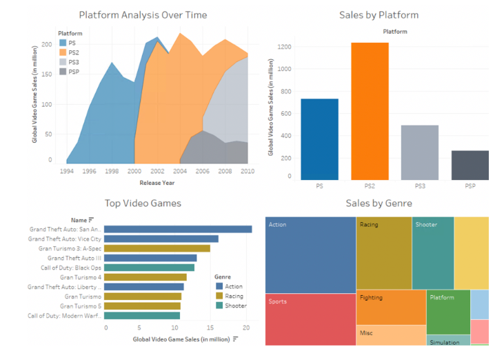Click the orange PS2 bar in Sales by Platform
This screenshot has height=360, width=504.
pyautogui.click(x=370, y=111)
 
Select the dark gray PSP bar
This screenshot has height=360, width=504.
pyautogui.click(x=470, y=166)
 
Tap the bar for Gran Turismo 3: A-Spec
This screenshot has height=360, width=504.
pyautogui.click(x=157, y=248)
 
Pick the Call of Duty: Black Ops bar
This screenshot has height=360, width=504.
pyautogui.click(x=149, y=268)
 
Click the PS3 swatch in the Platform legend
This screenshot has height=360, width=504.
pyautogui.click(x=63, y=62)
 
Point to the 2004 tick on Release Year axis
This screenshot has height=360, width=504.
pyautogui.click(x=180, y=171)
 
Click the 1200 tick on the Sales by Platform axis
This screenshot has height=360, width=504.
pyautogui.click(x=284, y=47)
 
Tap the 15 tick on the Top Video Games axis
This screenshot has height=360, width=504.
pyautogui.click(x=210, y=328)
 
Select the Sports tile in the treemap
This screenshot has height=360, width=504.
pyautogui.click(x=310, y=319)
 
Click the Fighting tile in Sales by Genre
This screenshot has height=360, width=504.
pyautogui.click(x=391, y=308)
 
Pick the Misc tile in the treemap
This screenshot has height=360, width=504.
pyautogui.click(x=391, y=335)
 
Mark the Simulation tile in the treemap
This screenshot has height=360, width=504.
pyautogui.click(x=448, y=341)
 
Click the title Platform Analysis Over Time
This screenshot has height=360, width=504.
pyautogui.click(x=143, y=15)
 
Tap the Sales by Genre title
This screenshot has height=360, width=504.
pyautogui.click(x=379, y=203)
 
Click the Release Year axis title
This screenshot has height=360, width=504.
pyautogui.click(x=157, y=183)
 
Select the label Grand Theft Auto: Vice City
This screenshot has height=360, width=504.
pyautogui.click(x=65, y=239)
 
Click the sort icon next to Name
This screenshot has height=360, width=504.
pyautogui.click(x=91, y=220)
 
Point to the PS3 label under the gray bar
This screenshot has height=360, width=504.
pyautogui.click(x=420, y=186)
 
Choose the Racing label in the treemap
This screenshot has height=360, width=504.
pyautogui.click(x=369, y=225)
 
